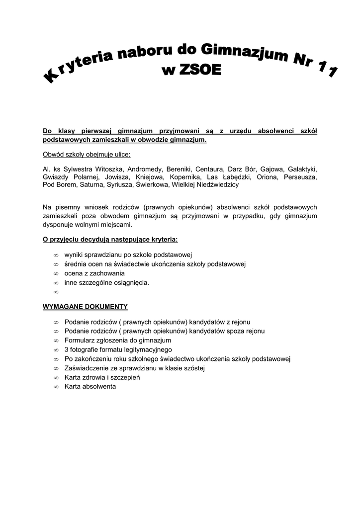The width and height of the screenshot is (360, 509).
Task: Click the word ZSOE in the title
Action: pyautogui.click(x=197, y=70)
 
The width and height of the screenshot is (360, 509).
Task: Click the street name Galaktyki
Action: pyautogui.click(x=302, y=169)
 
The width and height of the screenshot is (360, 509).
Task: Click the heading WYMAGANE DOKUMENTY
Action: pyautogui.click(x=85, y=306)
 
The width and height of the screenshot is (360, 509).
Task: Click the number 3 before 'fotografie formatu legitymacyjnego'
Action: pyautogui.click(x=67, y=349)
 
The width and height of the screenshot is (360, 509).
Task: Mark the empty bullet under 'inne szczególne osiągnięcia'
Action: pyautogui.click(x=56, y=292)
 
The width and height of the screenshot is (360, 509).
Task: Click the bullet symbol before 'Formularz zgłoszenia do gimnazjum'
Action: pyautogui.click(x=56, y=340)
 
